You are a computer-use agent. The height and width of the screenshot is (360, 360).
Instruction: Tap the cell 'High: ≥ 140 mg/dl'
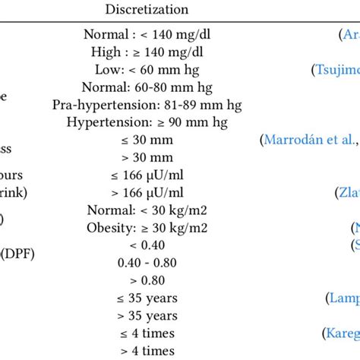click(x=142, y=52)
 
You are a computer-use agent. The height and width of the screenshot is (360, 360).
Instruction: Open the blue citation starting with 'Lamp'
click(x=343, y=297)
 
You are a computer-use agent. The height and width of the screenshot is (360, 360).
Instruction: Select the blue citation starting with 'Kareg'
click(x=341, y=333)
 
